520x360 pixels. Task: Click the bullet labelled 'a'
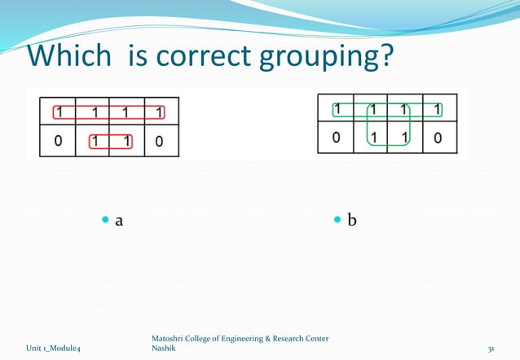pos(119,220)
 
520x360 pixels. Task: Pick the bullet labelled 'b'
pos(351,220)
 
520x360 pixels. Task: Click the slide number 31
pos(491,349)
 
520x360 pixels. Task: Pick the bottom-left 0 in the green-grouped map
pos(336,137)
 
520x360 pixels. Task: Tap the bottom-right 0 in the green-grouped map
pos(438,137)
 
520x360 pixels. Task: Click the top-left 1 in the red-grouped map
pos(59,112)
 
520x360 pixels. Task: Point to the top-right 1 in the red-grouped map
pos(160,112)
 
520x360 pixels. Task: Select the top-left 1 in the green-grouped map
pos(337,108)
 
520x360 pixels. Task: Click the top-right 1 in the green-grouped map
pos(438,108)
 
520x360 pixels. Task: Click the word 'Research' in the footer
pos(281,338)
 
